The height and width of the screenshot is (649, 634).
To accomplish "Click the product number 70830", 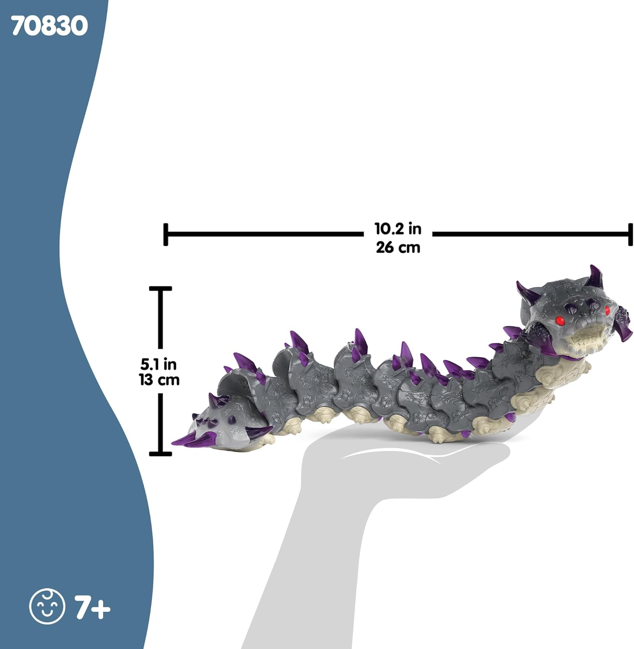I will pyautogui.click(x=49, y=26).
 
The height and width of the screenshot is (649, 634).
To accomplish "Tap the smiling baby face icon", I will pyautogui.click(x=47, y=606).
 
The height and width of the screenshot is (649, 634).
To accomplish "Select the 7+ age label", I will pyautogui.click(x=93, y=607).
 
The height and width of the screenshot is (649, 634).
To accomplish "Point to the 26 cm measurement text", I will pyautogui.click(x=398, y=247).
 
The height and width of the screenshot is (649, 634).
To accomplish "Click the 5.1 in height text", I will pyautogui.click(x=158, y=364).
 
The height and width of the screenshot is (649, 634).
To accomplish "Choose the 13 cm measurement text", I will pyautogui.click(x=158, y=380).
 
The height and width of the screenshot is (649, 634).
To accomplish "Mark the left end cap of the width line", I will pyautogui.click(x=166, y=235).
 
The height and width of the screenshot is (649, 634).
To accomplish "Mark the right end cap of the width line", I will pyautogui.click(x=630, y=235).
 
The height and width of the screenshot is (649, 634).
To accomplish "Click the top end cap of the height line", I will pyautogui.click(x=161, y=289).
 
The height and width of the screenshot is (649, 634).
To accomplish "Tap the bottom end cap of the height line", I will pyautogui.click(x=161, y=453).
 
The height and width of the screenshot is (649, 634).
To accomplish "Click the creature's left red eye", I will pyautogui.click(x=560, y=320).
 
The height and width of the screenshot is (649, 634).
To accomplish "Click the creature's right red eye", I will pyautogui.click(x=607, y=310).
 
